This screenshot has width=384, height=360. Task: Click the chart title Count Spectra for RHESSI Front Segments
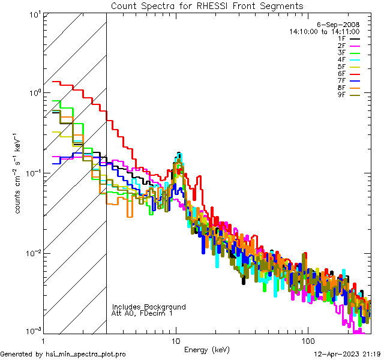(x=207, y=6)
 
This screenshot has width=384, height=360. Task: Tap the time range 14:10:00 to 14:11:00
(x=324, y=32)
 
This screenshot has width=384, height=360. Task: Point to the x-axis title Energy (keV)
(x=206, y=349)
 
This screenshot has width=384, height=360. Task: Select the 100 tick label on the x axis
(x=307, y=340)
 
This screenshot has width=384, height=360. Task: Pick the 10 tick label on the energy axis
(x=176, y=340)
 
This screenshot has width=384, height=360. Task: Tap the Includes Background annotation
(x=149, y=307)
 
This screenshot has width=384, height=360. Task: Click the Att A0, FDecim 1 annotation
(x=142, y=313)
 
